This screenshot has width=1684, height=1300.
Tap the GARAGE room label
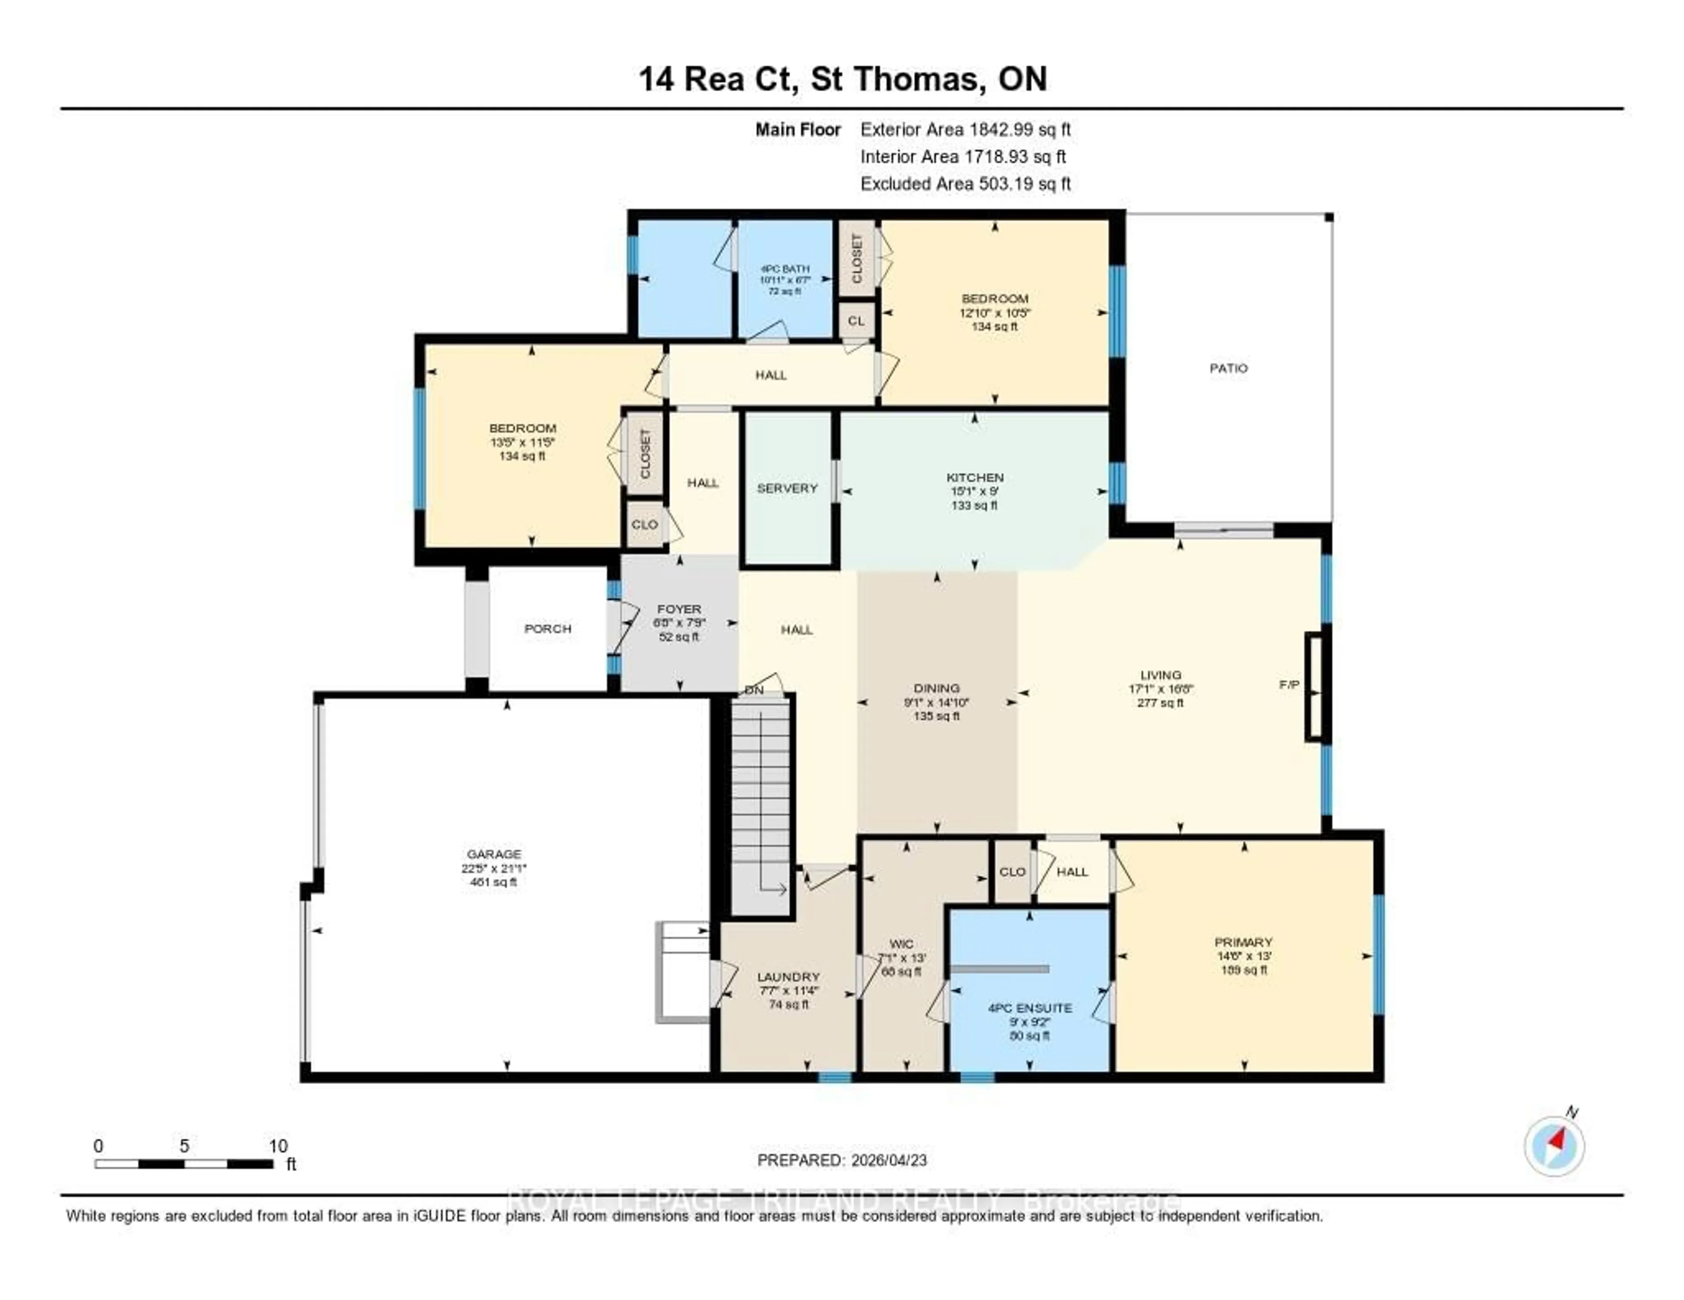(493, 854)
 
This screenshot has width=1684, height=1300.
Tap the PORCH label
(547, 629)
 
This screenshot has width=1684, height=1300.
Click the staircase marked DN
(760, 801)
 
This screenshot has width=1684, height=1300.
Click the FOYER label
(678, 609)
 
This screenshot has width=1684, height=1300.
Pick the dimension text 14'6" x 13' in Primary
(1243, 955)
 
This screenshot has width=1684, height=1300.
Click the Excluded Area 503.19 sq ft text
(965, 183)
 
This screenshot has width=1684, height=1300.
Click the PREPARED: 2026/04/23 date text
(842, 1160)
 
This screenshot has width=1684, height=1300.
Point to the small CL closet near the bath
(856, 320)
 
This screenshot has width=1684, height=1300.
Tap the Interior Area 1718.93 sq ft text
(962, 156)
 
